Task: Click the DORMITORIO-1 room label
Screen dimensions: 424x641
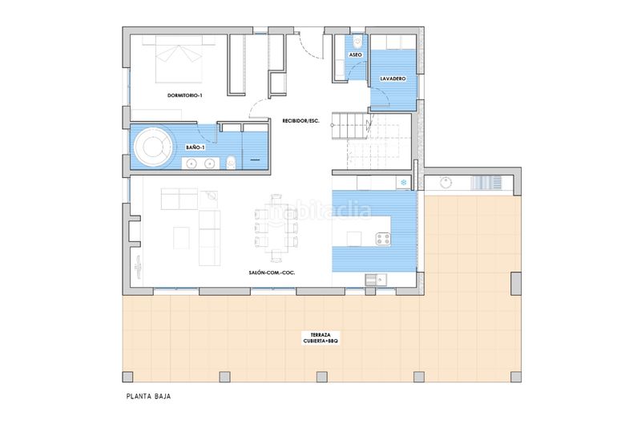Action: tap(186, 95)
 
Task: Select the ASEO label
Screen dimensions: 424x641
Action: tap(356, 55)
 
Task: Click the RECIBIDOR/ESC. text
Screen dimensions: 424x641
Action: tap(300, 121)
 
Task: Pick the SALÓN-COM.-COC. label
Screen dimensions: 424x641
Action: tap(271, 273)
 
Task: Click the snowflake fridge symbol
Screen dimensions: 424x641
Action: tap(404, 184)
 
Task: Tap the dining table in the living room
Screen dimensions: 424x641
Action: tap(276, 227)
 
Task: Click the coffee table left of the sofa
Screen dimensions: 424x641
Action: tap(181, 236)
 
